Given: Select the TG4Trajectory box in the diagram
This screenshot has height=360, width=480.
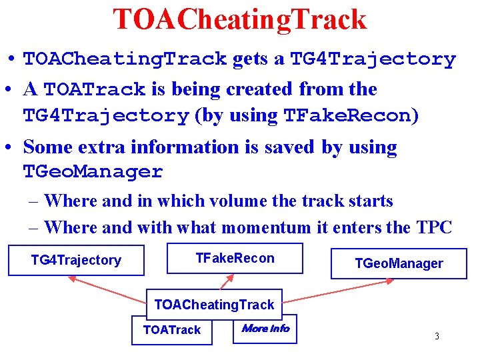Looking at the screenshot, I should coord(76,260).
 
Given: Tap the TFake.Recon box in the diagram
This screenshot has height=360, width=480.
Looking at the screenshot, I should coord(235,258).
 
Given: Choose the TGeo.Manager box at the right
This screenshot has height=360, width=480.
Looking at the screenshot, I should coord(399,263).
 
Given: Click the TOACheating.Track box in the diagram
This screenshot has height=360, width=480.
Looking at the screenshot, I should coord(214,305).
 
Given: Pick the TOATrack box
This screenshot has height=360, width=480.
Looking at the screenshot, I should coord(172,330).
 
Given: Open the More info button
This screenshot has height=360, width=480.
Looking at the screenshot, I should coord(265,328).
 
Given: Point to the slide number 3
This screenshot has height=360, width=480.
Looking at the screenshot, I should coord(437,336).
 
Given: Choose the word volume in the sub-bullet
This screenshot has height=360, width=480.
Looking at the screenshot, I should coord(236,201).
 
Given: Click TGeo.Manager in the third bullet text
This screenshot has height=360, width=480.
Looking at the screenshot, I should coord(93,171).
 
